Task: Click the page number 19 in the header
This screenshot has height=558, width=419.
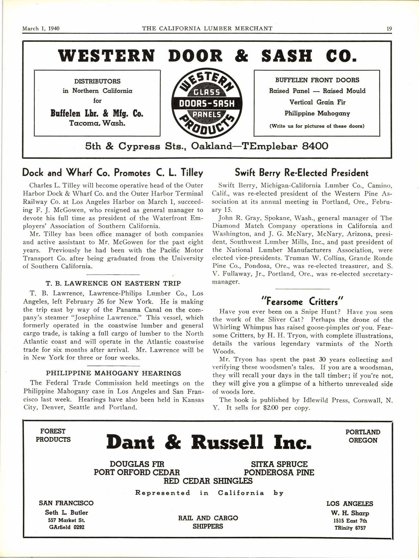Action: coord(389,28)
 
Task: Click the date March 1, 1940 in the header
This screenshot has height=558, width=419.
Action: coord(41,28)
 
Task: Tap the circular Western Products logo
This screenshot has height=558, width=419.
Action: coord(207,103)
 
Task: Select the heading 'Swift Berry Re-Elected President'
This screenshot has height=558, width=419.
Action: coord(302,173)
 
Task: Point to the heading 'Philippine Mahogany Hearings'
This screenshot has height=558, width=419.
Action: coord(114,373)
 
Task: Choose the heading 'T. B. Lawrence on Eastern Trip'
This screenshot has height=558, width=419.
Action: coord(113,283)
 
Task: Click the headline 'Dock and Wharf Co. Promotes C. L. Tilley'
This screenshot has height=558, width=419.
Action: coord(113,173)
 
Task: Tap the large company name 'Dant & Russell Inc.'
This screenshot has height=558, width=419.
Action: coord(209,442)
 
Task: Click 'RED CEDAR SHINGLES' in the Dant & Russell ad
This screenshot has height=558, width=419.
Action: coord(208,481)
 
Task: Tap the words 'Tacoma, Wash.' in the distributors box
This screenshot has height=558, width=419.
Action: coord(97,123)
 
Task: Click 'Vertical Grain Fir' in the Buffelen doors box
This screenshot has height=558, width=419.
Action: coord(317,102)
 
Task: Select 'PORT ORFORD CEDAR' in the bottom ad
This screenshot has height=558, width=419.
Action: coord(137,472)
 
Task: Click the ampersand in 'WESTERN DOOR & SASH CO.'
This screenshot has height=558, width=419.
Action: coord(242,56)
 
